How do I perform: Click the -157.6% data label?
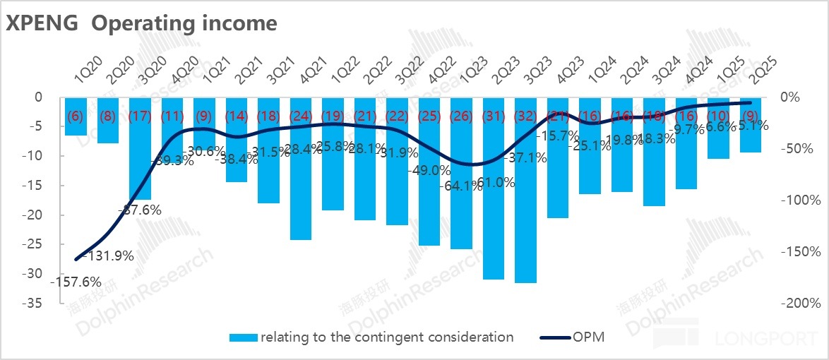point(73,282)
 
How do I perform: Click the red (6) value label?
point(76,116)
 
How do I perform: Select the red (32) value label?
point(526,116)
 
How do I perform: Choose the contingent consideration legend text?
point(387,337)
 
